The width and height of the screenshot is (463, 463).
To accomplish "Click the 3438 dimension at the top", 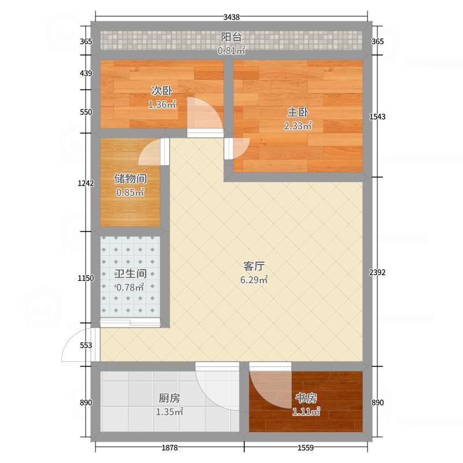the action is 231,17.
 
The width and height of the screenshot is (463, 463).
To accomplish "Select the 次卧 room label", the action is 161,91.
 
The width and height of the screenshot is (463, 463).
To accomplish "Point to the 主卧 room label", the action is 298,112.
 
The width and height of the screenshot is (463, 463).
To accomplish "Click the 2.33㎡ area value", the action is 298,126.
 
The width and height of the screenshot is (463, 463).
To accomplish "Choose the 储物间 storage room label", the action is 131,179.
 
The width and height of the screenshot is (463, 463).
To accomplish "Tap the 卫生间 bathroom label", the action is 131,273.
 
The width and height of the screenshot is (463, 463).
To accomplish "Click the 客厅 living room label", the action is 254,266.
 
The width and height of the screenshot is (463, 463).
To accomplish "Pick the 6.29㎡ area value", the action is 254,280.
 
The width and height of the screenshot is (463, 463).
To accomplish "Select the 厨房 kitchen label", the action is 170,398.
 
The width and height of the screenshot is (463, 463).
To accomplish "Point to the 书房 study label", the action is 306,398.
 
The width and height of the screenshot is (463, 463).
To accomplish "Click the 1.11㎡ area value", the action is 306,411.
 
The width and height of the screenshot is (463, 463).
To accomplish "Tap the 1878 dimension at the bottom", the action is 170,447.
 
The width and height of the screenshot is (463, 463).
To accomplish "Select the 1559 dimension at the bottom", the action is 306,447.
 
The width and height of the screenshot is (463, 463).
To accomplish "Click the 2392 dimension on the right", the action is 377,272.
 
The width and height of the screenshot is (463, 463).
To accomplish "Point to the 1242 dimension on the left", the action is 86,183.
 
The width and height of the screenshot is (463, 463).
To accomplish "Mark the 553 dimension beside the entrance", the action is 86,345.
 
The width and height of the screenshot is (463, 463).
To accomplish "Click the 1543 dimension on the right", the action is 377,117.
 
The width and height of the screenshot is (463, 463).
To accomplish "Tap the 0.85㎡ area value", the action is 130,193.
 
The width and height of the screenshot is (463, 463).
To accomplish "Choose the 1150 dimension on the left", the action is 86,278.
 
